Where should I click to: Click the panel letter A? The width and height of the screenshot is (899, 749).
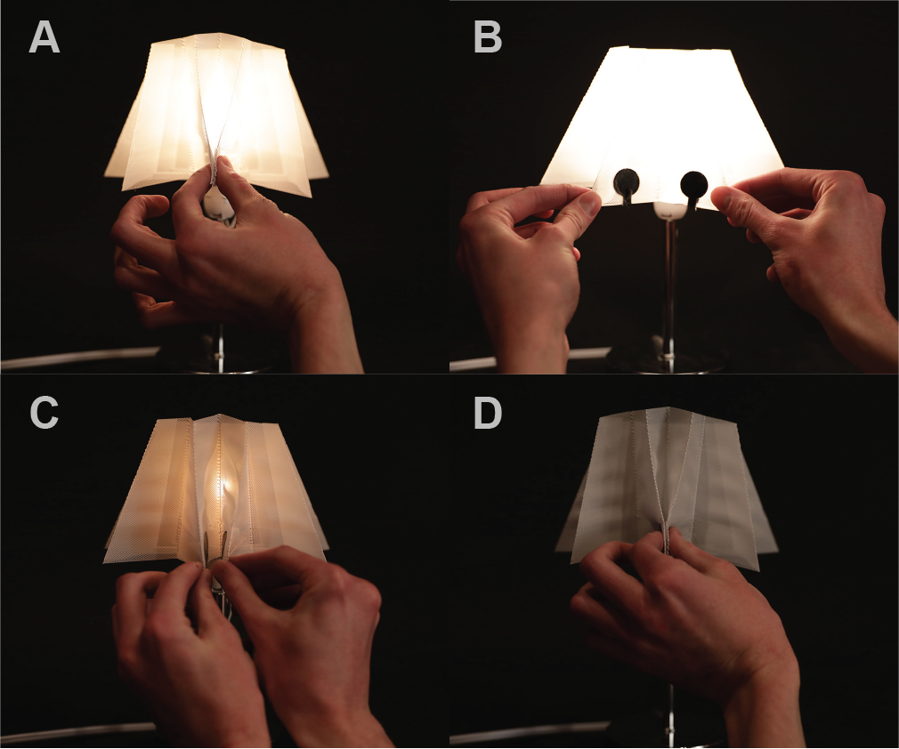pyautogui.click(x=45, y=38)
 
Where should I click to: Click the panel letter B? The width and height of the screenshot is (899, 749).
pyautogui.click(x=487, y=38)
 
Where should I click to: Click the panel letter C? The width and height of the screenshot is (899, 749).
pyautogui.click(x=45, y=413)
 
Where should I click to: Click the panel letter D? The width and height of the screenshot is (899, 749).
pyautogui.click(x=488, y=413)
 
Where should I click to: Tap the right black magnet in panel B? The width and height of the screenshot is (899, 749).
pyautogui.click(x=693, y=183)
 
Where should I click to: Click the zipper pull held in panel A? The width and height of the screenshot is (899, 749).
pyautogui.click(x=215, y=173)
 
